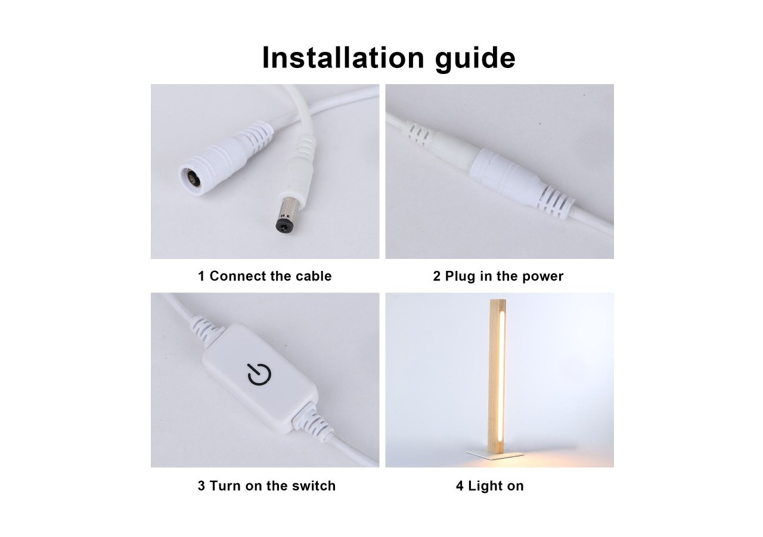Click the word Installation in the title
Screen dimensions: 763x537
[x=343, y=57]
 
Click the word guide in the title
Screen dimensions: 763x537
[x=475, y=59]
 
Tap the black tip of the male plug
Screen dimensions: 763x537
[x=283, y=226]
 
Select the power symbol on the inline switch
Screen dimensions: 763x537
[x=259, y=374]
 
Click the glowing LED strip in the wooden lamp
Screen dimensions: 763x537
[x=501, y=376]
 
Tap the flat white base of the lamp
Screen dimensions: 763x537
[x=495, y=453]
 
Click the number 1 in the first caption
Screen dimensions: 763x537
[x=201, y=276]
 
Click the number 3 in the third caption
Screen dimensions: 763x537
[x=201, y=486]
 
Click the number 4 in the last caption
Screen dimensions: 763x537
[x=460, y=486]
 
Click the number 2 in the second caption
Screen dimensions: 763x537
[x=437, y=276]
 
